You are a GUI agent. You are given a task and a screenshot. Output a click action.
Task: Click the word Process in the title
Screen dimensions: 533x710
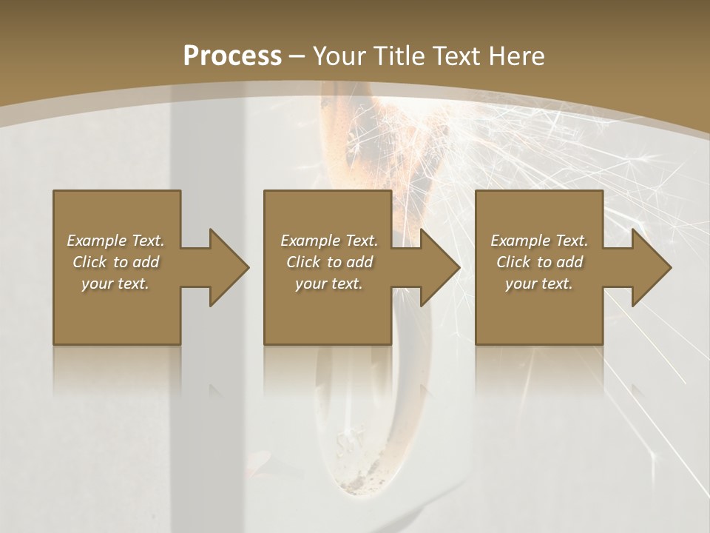pos(232,56)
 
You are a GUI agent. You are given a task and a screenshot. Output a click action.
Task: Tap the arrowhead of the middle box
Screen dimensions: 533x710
pos(439,267)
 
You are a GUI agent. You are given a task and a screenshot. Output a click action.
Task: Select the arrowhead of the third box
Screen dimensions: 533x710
pos(651,267)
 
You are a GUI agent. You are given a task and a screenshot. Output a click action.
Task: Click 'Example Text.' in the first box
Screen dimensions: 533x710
pos(115,241)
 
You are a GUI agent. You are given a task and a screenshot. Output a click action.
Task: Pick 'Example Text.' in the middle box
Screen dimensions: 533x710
pos(329,241)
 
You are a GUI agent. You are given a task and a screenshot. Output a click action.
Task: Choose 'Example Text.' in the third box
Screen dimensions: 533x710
pos(539,241)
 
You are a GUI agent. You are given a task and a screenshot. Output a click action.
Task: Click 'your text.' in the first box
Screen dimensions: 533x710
pos(115,284)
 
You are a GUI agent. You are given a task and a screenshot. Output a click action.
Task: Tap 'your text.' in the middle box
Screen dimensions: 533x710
pos(329,284)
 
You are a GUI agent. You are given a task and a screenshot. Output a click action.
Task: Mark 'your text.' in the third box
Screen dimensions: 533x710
pos(539,284)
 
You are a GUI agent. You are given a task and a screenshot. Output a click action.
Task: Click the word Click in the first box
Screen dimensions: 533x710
pos(89,262)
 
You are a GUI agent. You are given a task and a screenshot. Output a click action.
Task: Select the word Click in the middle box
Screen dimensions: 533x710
pos(303,262)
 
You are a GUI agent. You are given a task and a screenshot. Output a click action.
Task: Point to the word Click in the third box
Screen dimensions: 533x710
pos(513,262)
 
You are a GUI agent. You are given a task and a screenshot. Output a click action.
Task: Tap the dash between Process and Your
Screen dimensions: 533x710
pos(297,56)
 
